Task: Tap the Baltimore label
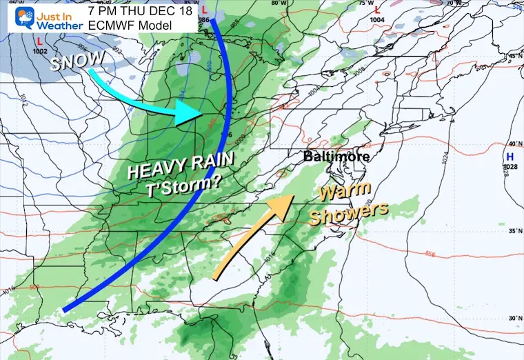[x=336, y=157]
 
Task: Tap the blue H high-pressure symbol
[x=510, y=157]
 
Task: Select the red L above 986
[x=205, y=10]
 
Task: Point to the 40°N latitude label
[x=514, y=143]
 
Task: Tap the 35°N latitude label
[x=514, y=232]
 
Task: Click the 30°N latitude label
[x=514, y=318]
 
